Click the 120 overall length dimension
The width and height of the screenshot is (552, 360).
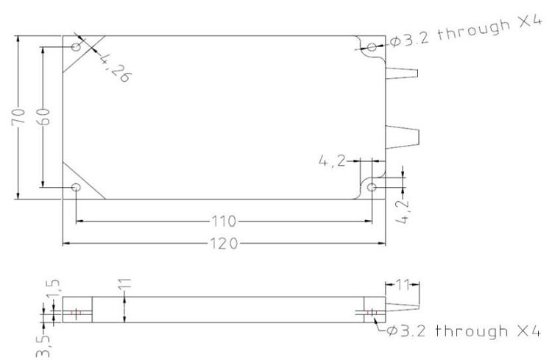224,244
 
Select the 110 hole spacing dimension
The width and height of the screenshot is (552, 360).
224,222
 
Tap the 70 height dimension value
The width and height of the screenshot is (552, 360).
18,117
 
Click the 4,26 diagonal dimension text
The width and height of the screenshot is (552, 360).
115,68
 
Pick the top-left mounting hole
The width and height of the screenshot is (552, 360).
77,46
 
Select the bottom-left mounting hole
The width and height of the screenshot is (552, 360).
76,187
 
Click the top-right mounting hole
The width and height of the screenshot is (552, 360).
372,47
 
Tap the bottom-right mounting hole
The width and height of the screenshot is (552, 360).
372,187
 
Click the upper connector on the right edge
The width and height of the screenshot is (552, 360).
402,74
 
